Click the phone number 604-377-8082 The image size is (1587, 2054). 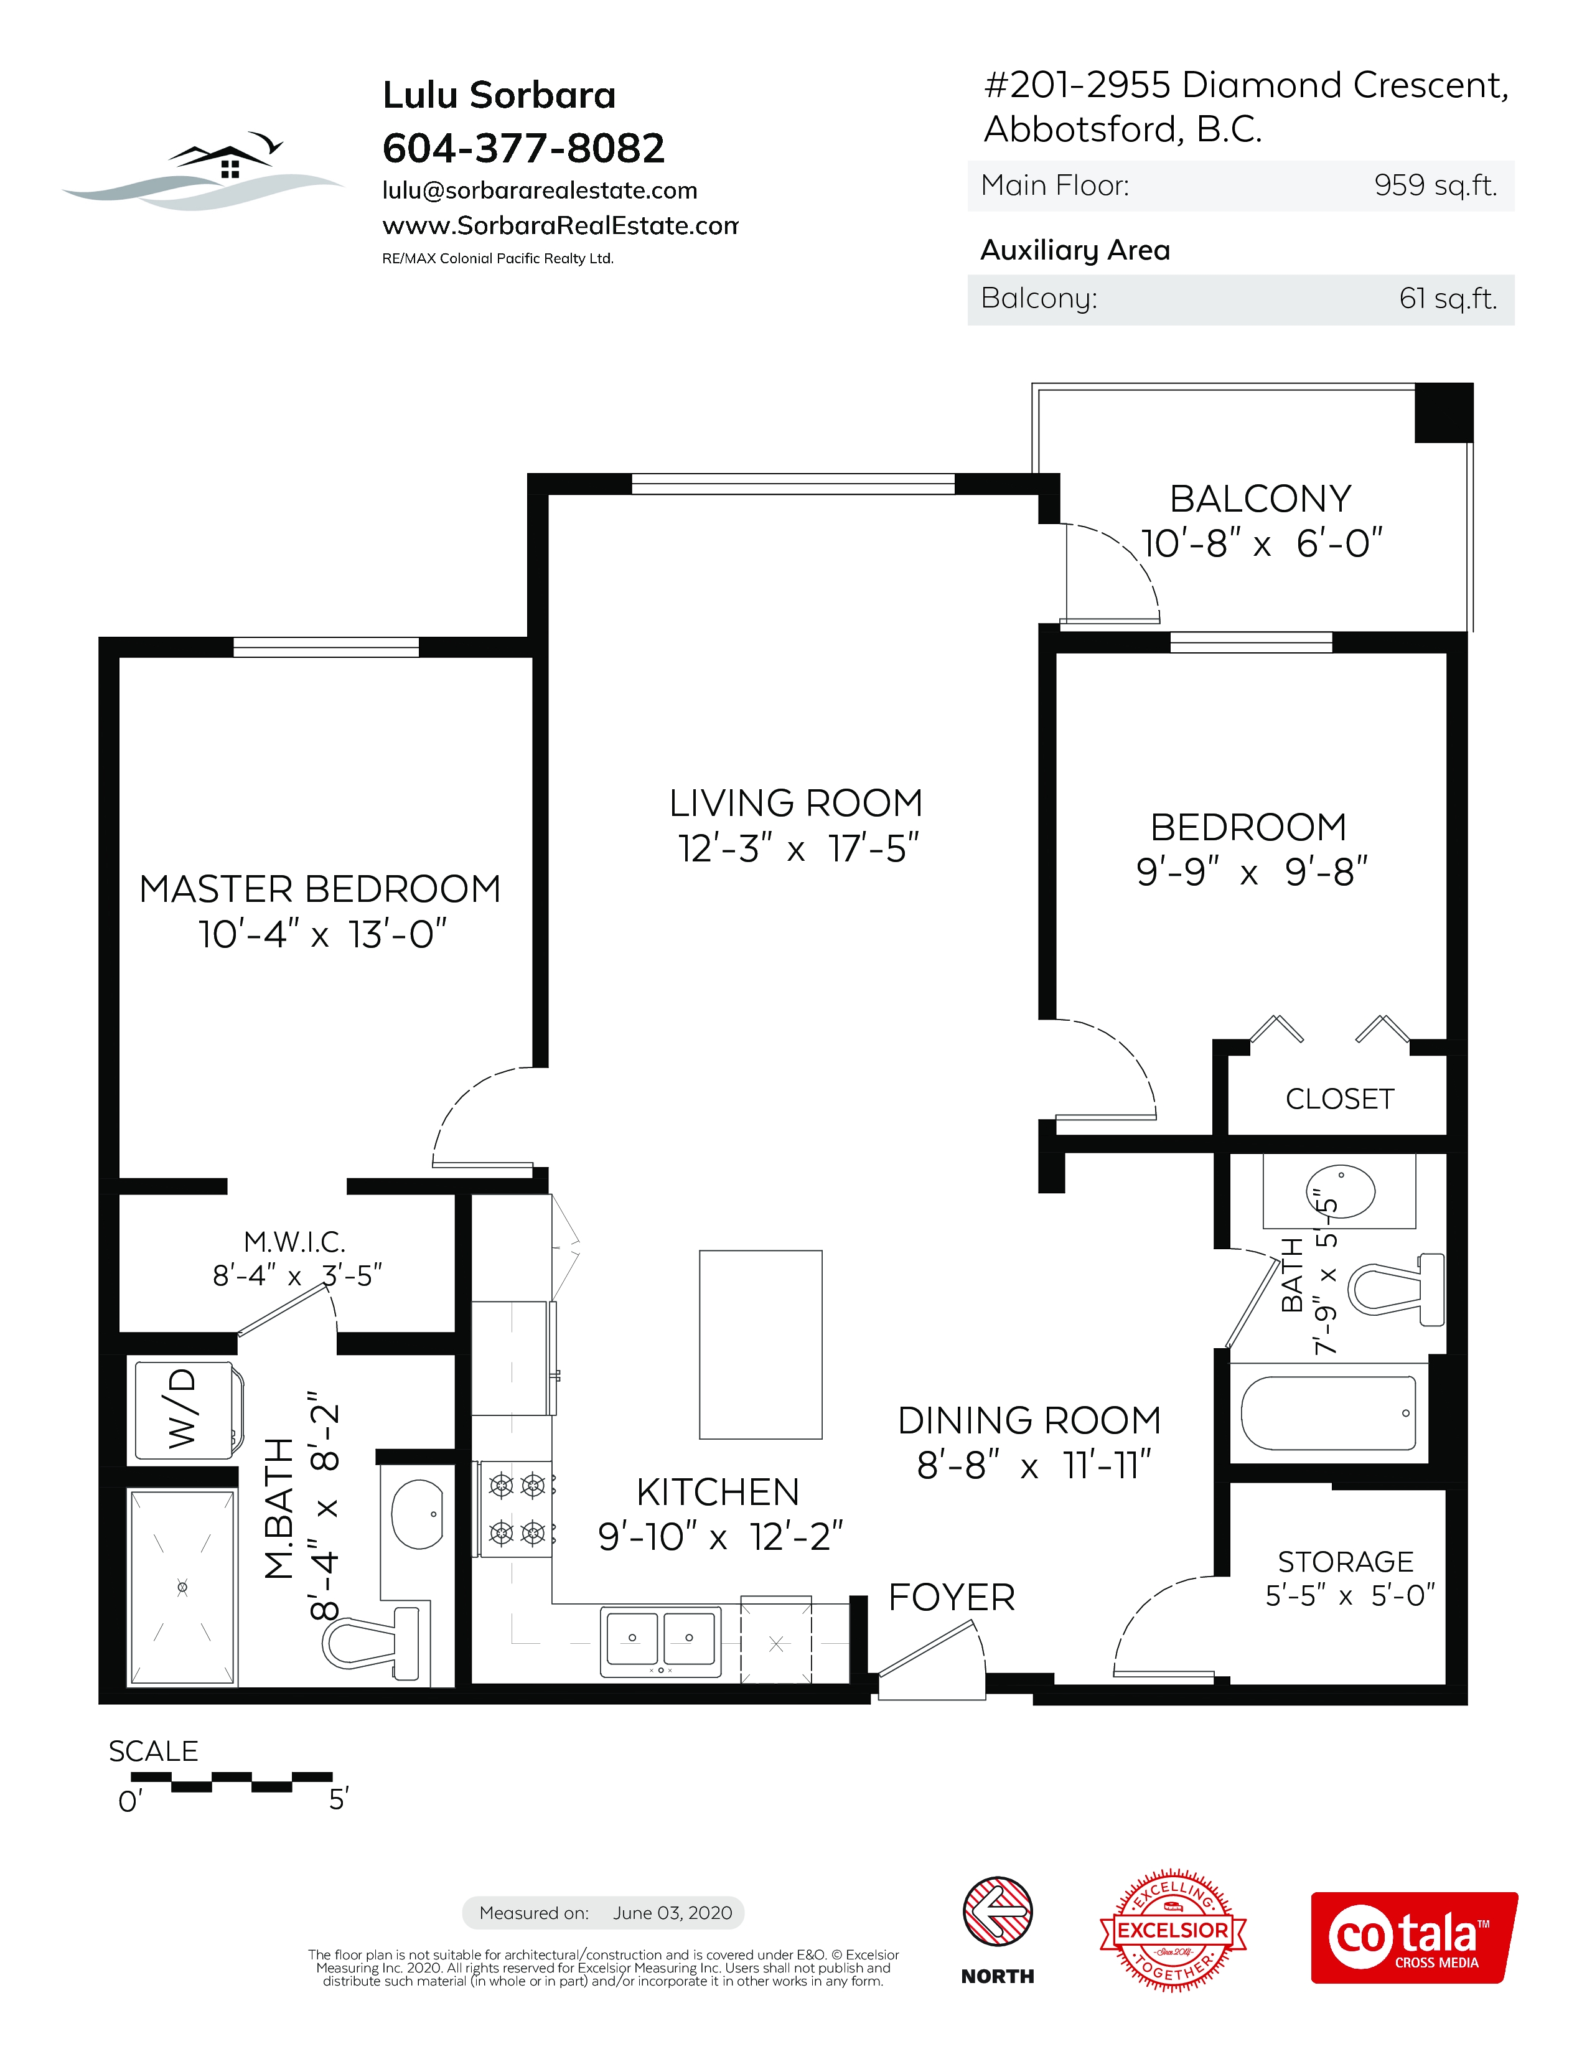pos(523,148)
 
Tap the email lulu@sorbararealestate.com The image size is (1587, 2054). pos(540,191)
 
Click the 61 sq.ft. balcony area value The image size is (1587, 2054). pos(1448,298)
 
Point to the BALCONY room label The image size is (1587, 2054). pos(1261,499)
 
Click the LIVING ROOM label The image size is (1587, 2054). pos(797,803)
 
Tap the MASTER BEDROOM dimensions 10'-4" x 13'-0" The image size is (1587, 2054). pos(322,934)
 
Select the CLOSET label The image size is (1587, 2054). pos(1340,1099)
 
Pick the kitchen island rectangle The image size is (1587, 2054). pos(761,1344)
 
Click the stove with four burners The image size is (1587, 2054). pos(516,1509)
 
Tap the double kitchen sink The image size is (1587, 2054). pos(661,1642)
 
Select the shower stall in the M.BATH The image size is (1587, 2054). pos(182,1588)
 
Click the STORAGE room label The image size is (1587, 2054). pos(1346,1561)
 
